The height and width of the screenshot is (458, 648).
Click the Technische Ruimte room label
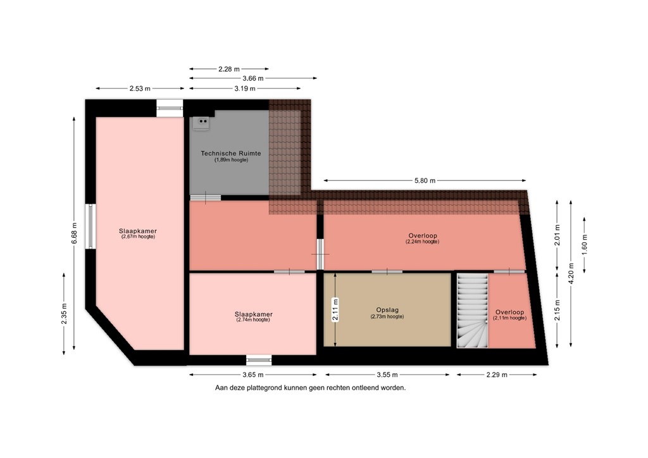[x=230, y=153]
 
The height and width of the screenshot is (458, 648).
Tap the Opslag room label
[x=387, y=311]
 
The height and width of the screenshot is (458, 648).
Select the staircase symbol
[x=473, y=311]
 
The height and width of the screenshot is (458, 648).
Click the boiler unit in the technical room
[x=202, y=121]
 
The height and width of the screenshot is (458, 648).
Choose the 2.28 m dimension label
[x=228, y=69]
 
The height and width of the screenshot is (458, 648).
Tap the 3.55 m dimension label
[x=386, y=374]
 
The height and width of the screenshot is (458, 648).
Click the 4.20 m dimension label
[x=571, y=275]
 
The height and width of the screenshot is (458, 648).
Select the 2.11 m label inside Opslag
[x=335, y=310]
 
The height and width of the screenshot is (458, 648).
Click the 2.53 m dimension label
[x=140, y=89]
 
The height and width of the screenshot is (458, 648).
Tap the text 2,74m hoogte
[x=253, y=320]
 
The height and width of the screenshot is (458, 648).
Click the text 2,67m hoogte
[x=137, y=237]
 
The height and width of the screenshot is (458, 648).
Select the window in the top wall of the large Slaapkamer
[x=170, y=108]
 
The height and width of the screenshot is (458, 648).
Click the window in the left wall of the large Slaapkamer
[x=90, y=226]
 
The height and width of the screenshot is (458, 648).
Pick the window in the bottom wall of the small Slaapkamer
[x=258, y=360]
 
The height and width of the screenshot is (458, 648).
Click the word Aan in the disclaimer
[x=221, y=388]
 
